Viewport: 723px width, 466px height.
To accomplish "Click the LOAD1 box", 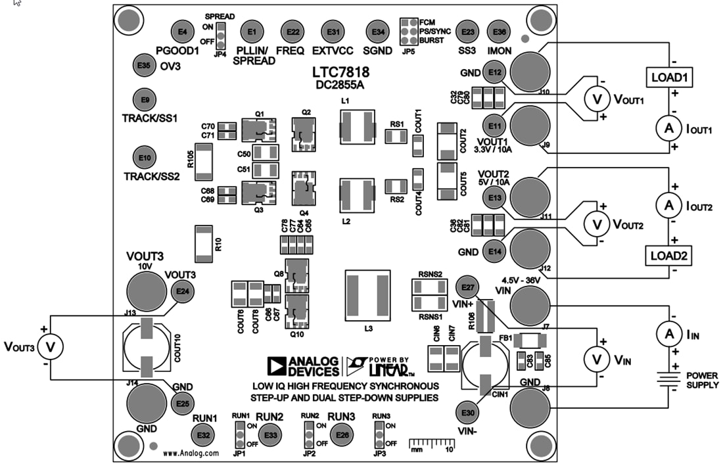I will [x=669, y=78].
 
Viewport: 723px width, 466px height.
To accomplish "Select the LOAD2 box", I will [x=669, y=256].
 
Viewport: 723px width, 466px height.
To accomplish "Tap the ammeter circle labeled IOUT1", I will [x=669, y=129].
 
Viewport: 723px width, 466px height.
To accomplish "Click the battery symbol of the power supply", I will [x=669, y=380].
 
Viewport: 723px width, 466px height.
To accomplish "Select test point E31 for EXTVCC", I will [x=334, y=32].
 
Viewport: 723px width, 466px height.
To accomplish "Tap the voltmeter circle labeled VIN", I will [x=597, y=358].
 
